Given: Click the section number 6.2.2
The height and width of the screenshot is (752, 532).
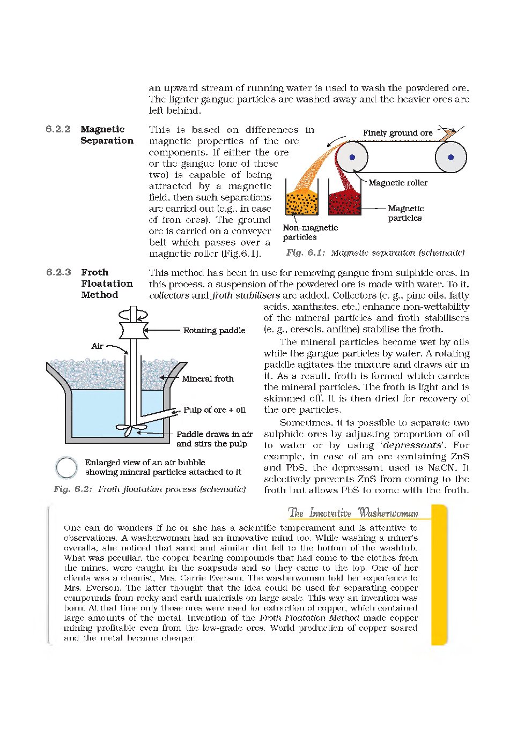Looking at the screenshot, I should (58, 129).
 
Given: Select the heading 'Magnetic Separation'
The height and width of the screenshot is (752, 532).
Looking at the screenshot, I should (107, 135).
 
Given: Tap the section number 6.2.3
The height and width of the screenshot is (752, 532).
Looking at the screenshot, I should (58, 272).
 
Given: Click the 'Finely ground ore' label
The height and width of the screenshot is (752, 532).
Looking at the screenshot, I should (397, 133).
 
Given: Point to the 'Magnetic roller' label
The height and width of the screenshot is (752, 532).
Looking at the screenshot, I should (398, 183).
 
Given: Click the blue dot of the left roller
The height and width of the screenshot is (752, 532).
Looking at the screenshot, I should (352, 157).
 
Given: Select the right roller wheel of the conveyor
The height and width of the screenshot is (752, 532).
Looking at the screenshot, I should (450, 157).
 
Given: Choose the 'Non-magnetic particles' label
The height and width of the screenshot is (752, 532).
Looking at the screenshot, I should (310, 232).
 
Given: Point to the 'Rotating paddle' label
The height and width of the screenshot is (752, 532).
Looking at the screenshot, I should (214, 330).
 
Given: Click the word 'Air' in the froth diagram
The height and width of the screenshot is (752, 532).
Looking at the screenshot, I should (97, 346).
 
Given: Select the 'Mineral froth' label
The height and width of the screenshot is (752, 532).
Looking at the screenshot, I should (208, 378).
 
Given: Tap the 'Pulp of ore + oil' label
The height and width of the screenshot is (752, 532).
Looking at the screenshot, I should (214, 410).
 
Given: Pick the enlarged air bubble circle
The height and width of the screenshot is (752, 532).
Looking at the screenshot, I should (66, 467).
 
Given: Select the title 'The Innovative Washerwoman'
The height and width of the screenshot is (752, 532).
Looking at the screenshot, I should (353, 513).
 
